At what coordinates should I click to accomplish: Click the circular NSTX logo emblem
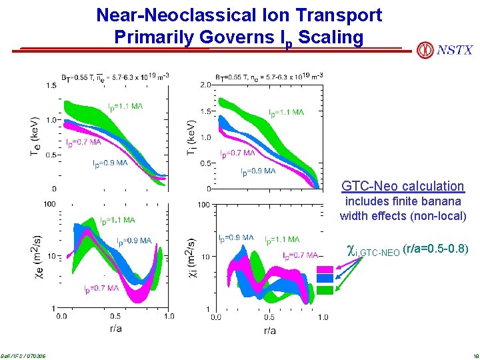(x=425, y=50)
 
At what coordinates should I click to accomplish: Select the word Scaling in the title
(x=331, y=37)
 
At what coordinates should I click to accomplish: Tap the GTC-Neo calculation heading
(x=402, y=186)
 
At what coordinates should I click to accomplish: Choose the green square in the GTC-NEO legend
(x=325, y=290)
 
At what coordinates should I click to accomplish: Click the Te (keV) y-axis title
(x=34, y=137)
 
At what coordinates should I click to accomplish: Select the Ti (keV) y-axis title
(x=191, y=137)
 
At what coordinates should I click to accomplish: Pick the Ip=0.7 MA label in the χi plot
(x=299, y=255)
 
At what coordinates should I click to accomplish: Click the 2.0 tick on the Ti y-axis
(x=205, y=85)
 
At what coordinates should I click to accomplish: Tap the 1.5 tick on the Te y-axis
(x=51, y=85)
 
